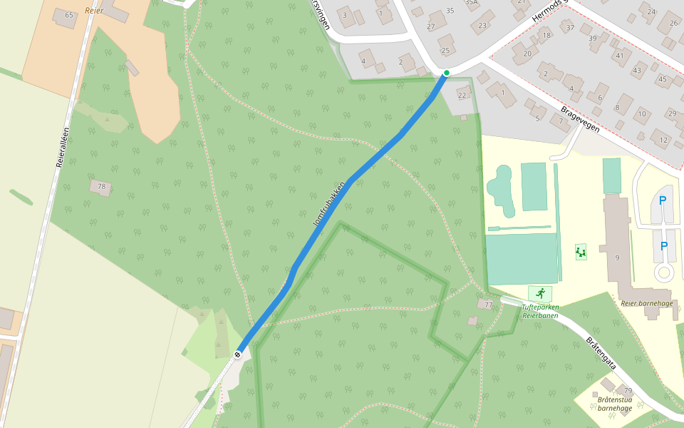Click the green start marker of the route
click(447, 73)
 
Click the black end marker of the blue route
click(237, 354)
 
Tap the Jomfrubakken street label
click(329, 205)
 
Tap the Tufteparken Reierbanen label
click(539, 312)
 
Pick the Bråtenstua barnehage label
click(615, 404)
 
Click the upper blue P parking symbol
click(663, 201)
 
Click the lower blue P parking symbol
click(664, 246)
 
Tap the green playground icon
click(581, 252)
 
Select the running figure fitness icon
click(540, 293)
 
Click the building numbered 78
click(101, 187)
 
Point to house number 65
click(69, 15)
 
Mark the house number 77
click(488, 305)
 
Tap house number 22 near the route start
click(462, 96)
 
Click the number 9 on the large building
click(617, 258)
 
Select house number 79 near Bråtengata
click(627, 390)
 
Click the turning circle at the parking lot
click(664, 272)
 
